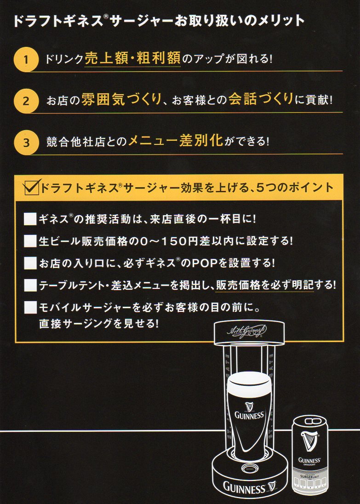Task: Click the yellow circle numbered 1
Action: (26, 59)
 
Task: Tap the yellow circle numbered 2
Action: (26, 101)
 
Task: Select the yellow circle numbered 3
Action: (26, 143)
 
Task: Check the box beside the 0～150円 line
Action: (30, 241)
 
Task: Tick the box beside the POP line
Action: (30, 263)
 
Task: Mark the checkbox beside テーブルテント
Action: (30, 285)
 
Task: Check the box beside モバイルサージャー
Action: (30, 308)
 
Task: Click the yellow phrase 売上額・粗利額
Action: (132, 58)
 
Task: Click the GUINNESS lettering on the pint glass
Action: (249, 415)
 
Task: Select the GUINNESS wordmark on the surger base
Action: (244, 488)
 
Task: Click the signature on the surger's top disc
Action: (247, 332)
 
